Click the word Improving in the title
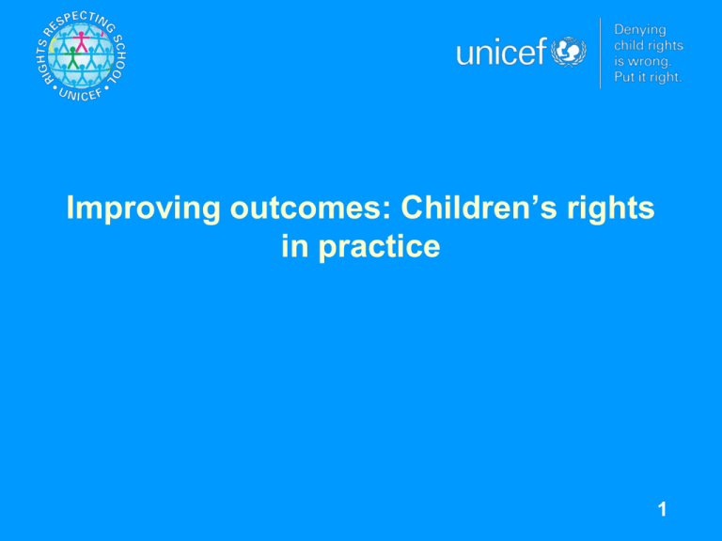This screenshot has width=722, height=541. coord(144,209)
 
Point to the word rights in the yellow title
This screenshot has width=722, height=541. coord(610,209)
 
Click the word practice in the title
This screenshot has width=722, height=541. coord(379,248)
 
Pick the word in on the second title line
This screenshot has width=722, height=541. coord(294,246)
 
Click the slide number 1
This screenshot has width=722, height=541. coord(662,509)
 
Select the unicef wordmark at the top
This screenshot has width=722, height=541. coord(501,52)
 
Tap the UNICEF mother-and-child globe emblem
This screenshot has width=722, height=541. coord(568,52)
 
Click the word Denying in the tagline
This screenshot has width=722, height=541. coord(640,30)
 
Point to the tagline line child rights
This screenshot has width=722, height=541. coord(649,45)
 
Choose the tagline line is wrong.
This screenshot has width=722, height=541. coord(643,61)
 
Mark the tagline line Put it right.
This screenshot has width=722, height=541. coord(648,76)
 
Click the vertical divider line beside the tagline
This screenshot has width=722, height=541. coord(600,53)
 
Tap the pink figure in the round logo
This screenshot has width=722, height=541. coord(82,42)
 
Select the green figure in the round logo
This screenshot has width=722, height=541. coord(71,58)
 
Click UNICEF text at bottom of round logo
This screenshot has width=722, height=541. coord(81,94)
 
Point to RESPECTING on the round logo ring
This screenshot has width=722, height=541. coord(78,23)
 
